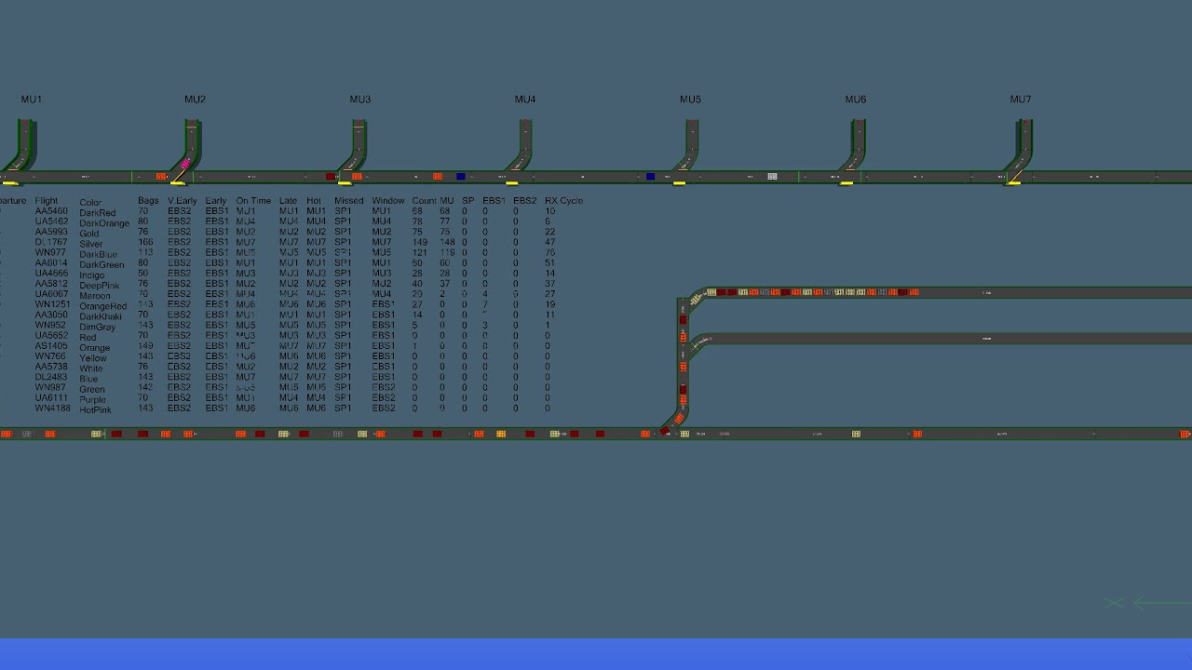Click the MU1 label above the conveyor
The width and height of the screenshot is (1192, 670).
point(32,100)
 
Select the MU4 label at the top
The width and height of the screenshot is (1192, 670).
point(525,100)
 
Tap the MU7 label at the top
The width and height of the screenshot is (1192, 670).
point(1021,100)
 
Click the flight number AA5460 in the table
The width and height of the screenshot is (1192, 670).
point(51,211)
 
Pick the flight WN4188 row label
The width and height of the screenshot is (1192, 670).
point(52,409)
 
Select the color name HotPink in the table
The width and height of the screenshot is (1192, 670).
point(95,410)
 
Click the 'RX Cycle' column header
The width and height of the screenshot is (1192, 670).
point(563,201)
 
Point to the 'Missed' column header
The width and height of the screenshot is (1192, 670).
point(348,201)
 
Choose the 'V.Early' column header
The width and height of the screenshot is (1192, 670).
point(182,201)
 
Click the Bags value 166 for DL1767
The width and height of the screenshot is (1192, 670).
point(145,242)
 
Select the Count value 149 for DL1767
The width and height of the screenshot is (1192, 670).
point(420,242)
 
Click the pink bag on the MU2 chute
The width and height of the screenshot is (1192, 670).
point(185,164)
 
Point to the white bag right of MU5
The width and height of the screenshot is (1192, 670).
point(772,177)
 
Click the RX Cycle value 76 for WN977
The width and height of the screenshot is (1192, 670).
point(549,253)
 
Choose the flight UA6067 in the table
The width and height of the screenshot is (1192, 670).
point(51,294)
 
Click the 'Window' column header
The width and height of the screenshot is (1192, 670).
point(388,201)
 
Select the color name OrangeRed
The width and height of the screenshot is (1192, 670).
point(102,306)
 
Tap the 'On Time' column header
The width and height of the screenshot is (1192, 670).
point(253,201)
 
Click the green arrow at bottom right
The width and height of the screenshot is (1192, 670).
point(1159,603)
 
